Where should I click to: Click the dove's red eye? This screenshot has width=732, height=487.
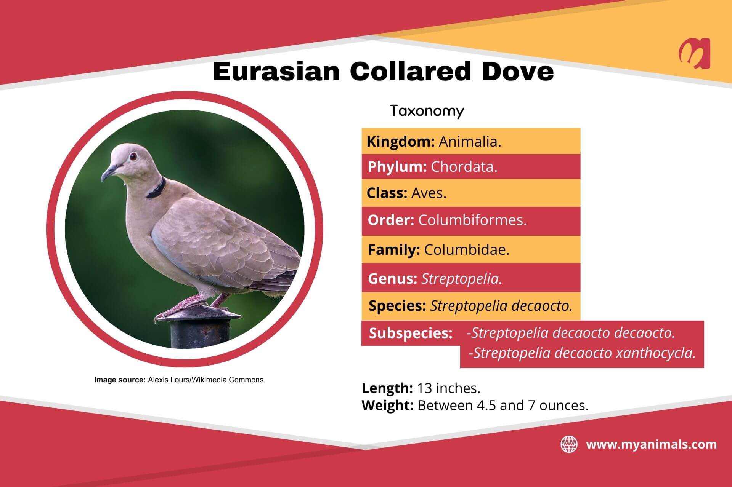133,156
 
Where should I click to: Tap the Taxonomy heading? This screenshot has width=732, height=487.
427,111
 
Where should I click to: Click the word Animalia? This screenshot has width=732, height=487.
470,142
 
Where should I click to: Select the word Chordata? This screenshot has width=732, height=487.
464,167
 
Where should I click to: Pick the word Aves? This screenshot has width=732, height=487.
429,193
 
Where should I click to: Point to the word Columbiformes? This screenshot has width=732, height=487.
472,220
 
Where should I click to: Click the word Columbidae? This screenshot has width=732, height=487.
467,250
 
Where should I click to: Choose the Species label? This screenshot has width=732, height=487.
397,306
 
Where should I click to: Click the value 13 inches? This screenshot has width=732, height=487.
448,388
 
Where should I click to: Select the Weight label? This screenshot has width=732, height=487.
387,406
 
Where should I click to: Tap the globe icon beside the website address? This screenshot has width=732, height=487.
569,444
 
